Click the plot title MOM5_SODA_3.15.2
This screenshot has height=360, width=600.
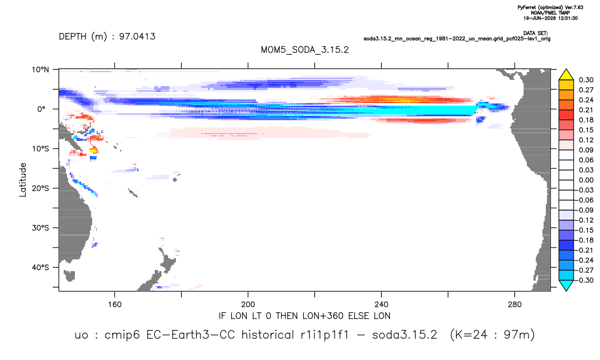pos(304,50)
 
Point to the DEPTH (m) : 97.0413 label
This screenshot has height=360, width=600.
pos(107,36)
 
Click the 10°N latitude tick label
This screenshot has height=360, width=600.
pos(40,69)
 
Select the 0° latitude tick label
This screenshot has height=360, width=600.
pos(41,109)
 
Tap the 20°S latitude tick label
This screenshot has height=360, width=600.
pos(40,188)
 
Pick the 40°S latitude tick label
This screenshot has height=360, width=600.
pos(40,267)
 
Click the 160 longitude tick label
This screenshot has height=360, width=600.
pos(115,305)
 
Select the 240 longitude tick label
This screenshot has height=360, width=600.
pos(382,305)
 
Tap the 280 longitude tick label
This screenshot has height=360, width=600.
pos(515,305)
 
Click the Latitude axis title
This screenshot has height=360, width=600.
pos(23,180)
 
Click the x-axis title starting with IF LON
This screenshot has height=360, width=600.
pos(304,316)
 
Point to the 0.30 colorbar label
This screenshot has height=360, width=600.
pos(586,80)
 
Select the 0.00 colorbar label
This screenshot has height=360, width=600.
pos(586,180)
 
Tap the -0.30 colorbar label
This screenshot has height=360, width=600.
pos(585,280)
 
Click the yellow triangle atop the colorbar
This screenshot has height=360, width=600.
pos(566,75)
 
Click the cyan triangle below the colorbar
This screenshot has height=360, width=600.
pos(566,285)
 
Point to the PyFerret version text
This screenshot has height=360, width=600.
pos(550,7)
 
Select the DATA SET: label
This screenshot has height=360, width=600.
pos(535,34)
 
